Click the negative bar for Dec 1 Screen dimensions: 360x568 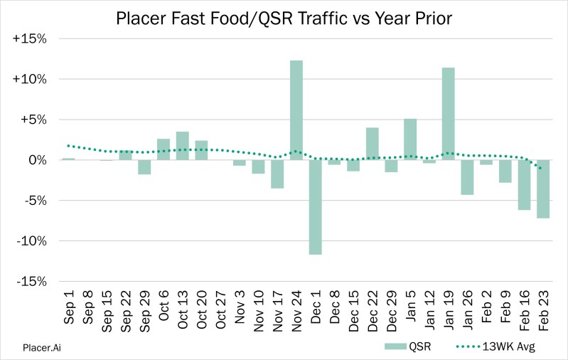click(316, 207)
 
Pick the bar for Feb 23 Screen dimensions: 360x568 click(544, 189)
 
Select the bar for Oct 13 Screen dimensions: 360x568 click(182, 146)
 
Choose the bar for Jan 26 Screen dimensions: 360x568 click(468, 177)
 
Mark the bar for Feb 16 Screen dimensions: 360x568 click(525, 185)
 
